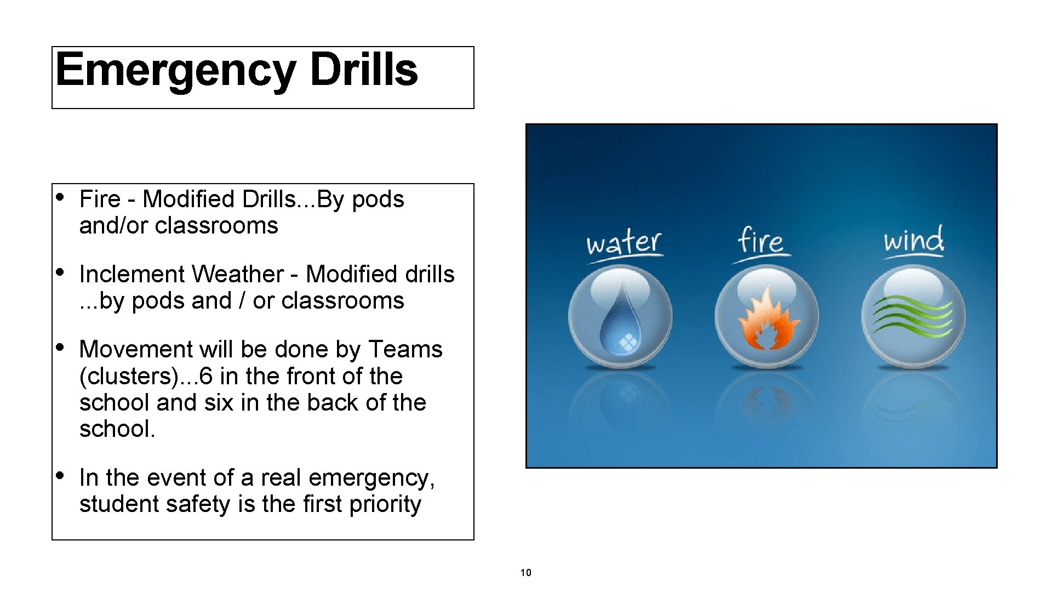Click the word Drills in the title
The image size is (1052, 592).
(x=363, y=70)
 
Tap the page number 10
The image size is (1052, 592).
(x=525, y=573)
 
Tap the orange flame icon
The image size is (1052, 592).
(x=767, y=321)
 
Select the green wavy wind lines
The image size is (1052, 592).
(x=912, y=315)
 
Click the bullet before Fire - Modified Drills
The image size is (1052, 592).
(x=62, y=197)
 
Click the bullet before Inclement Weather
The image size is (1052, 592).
(x=62, y=272)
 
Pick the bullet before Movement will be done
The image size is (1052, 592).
(x=62, y=347)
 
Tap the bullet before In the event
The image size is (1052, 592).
(x=62, y=475)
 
